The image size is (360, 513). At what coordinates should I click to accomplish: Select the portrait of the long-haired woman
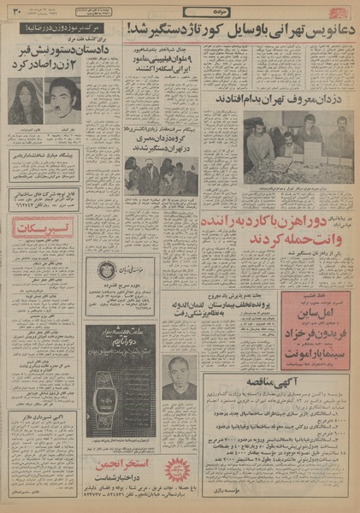tap(26, 101)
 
